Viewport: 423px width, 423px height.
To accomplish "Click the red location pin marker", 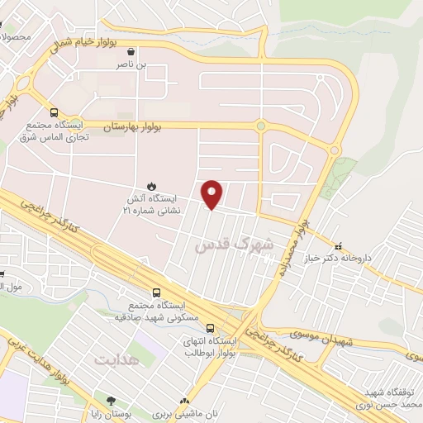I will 212,192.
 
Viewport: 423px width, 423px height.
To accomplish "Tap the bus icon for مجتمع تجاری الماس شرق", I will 55,112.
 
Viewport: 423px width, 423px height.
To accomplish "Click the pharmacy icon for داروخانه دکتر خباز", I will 337,245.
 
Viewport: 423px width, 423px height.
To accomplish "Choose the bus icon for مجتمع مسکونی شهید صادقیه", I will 157,292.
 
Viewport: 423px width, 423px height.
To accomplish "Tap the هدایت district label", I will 113,359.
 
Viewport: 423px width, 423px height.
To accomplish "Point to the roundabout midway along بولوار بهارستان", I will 261,126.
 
